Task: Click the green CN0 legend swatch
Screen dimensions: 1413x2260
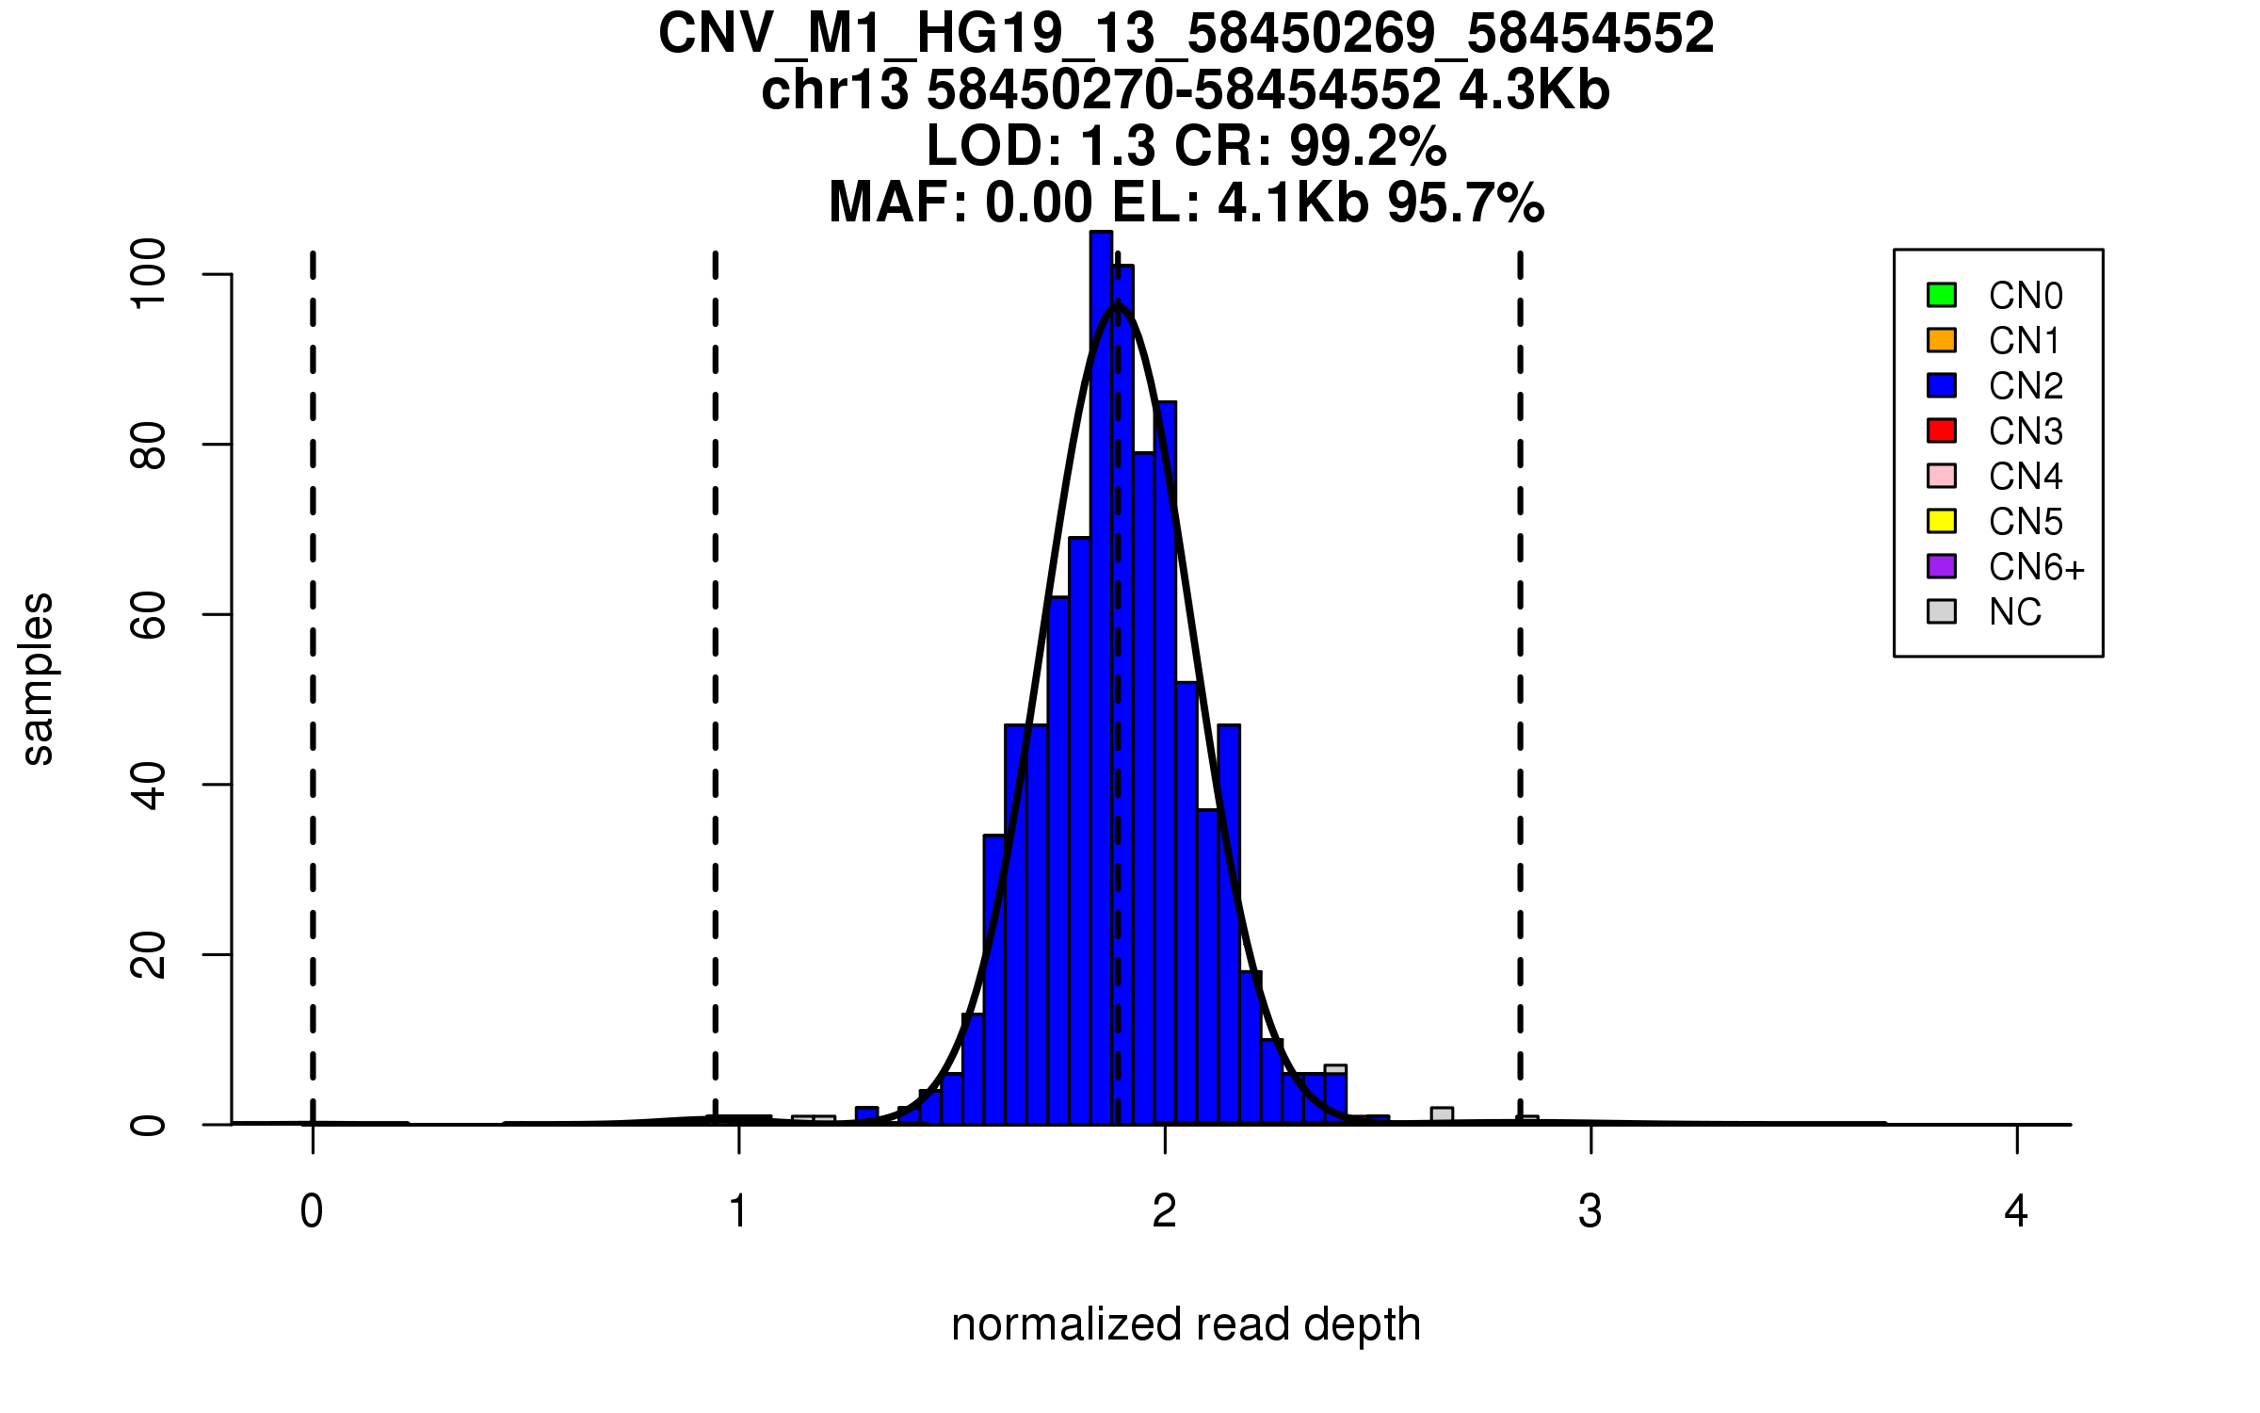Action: tap(1942, 295)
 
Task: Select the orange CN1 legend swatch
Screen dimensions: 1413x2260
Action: tap(1942, 340)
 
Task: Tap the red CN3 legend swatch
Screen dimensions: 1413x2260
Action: tap(1942, 430)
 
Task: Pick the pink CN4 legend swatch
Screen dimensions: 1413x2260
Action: tap(1942, 476)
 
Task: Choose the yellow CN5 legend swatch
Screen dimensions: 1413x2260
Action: tap(1942, 521)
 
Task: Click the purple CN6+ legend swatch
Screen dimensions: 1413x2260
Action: tap(1942, 566)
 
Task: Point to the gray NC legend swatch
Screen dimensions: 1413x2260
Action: tap(1942, 611)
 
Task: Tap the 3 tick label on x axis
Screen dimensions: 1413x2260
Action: tap(1590, 1211)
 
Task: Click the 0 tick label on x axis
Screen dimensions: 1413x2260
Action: tap(312, 1211)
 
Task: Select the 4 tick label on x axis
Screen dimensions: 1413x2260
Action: tap(2016, 1211)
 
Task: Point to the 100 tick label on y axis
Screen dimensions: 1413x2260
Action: tap(149, 273)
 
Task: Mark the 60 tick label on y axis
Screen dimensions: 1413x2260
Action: tap(149, 614)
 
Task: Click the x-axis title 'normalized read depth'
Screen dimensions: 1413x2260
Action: tap(1186, 1324)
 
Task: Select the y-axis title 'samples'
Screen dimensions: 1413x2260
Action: tap(38, 679)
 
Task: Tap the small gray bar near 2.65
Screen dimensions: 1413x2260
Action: tap(1442, 1115)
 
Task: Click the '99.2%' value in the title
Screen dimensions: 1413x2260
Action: tap(1367, 146)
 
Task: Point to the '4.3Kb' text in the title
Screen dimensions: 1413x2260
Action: tap(1534, 90)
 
